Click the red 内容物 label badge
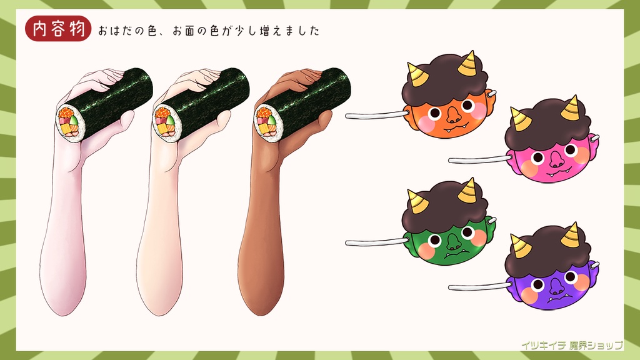(58, 29)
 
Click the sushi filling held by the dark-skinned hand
(266, 122)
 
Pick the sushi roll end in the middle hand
(164, 122)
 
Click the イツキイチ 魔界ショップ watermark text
(572, 344)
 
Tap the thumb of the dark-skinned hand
(322, 122)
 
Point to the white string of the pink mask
(478, 160)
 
